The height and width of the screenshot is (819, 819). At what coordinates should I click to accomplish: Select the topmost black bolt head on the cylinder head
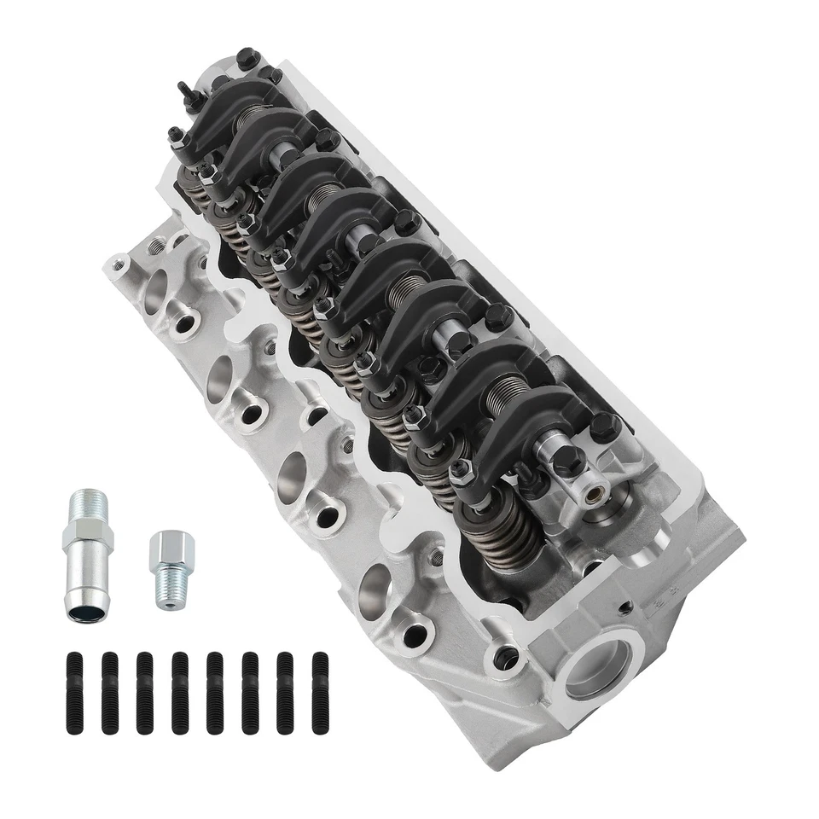coord(246,58)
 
